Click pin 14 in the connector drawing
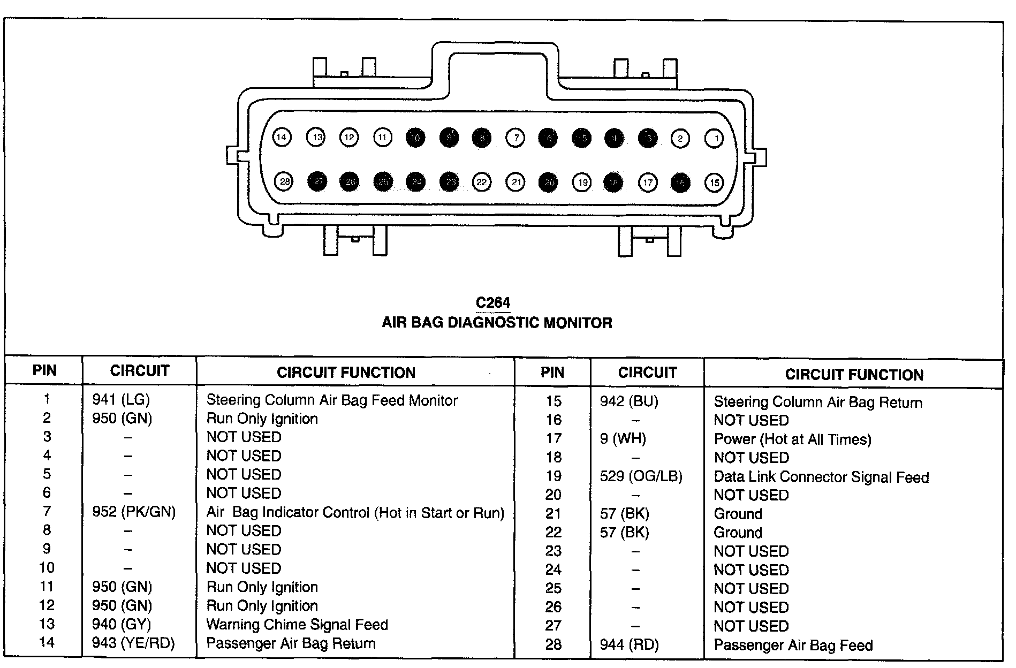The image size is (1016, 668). tap(282, 138)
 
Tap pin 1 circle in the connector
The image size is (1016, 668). tap(715, 139)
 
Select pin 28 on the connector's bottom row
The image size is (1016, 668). tap(285, 181)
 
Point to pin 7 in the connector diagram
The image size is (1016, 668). tap(515, 138)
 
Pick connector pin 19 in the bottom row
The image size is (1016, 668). tap(582, 183)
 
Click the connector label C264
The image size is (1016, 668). tap(493, 303)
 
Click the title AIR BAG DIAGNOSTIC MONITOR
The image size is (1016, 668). tap(497, 323)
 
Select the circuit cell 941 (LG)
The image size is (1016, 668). tap(121, 399)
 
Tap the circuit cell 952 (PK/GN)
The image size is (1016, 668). tap(134, 512)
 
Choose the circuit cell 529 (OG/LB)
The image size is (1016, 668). tap(641, 476)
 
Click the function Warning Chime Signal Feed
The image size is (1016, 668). tap(297, 624)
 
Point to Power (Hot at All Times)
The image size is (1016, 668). tap(792, 439)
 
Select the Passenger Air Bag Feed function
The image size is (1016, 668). tap(793, 645)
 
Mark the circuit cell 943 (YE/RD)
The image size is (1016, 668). tap(133, 643)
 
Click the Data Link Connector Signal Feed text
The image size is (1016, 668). tap(821, 477)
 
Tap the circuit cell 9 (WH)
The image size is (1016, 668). tap(623, 439)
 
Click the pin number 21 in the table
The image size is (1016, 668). tap(553, 514)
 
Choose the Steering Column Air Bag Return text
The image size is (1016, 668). tap(818, 402)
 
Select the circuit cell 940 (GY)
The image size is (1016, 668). tap(122, 624)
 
